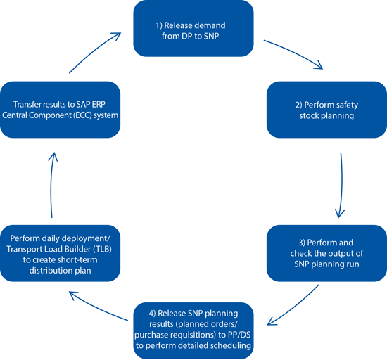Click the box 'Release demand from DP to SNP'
click(x=193, y=28)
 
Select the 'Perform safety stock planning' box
click(x=326, y=110)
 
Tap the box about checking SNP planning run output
click(x=326, y=253)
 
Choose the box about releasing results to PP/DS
click(x=193, y=330)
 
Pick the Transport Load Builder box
click(x=61, y=253)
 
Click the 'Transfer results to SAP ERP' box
click(x=61, y=110)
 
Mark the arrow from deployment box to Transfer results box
click(x=51, y=185)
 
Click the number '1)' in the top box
click(x=159, y=25)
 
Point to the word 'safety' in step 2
click(x=345, y=105)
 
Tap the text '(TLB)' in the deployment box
click(x=102, y=249)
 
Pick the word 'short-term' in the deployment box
click(x=79, y=260)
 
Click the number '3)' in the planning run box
click(x=302, y=243)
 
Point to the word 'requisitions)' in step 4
click(x=193, y=335)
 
